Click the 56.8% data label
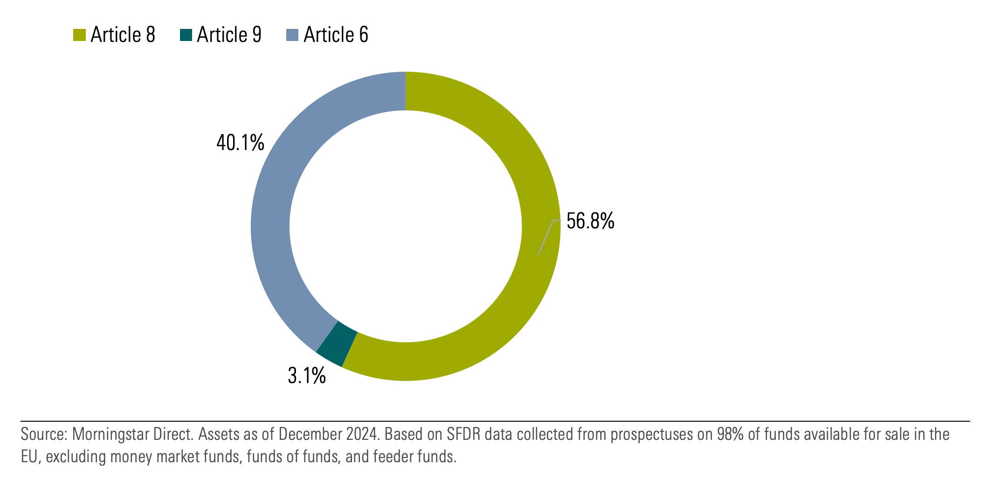click(x=590, y=221)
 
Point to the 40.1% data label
click(x=240, y=143)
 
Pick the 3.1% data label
click(x=306, y=376)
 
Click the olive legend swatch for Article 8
click(x=79, y=35)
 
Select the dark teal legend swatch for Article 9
click(x=186, y=35)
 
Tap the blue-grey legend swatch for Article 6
click(x=292, y=35)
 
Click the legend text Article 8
click(x=123, y=35)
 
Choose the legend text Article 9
click(x=229, y=35)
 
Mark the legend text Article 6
click(x=336, y=35)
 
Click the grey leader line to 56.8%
click(x=546, y=237)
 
